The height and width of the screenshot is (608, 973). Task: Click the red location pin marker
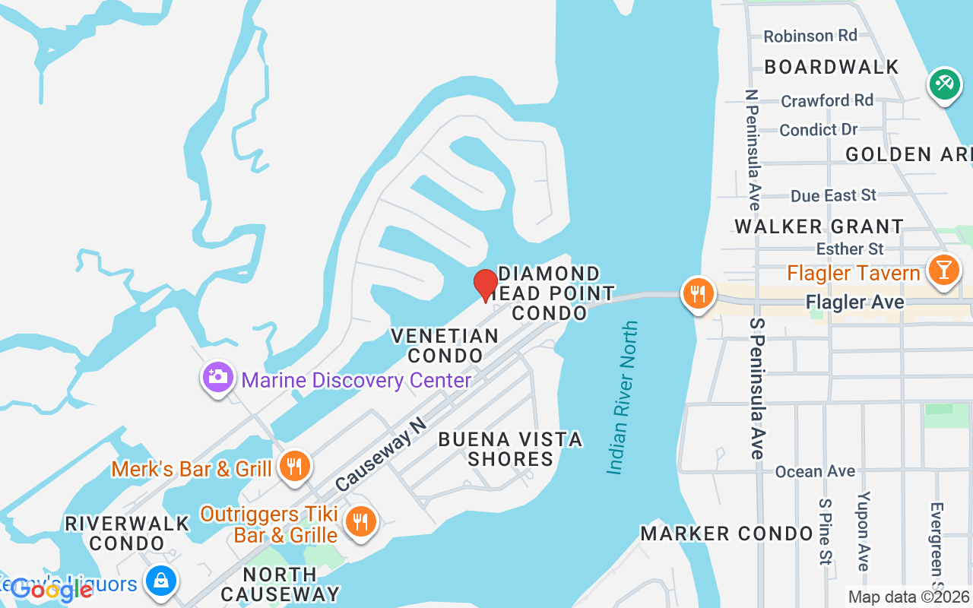(486, 285)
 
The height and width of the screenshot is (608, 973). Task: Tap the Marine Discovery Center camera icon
(218, 377)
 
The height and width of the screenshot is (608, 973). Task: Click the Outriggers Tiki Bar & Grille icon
(359, 522)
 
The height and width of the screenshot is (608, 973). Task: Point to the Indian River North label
(622, 397)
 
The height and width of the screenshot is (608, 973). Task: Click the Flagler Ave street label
(854, 302)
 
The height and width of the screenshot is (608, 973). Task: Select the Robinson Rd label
(810, 36)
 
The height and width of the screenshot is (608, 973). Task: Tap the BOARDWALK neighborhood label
(832, 67)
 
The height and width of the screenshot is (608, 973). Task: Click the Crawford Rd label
(827, 100)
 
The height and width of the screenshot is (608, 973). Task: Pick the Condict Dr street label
(818, 130)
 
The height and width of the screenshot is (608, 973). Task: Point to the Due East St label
(833, 196)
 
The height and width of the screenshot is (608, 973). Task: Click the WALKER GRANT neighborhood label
(819, 226)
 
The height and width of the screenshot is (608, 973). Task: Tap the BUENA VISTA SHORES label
(510, 448)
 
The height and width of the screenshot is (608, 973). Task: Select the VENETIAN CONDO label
(445, 345)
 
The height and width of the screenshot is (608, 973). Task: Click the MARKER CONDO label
(727, 534)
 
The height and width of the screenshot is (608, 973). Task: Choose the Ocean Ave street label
(815, 472)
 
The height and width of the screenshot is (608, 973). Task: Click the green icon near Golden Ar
(945, 84)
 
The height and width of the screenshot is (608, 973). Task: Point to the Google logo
(52, 589)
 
